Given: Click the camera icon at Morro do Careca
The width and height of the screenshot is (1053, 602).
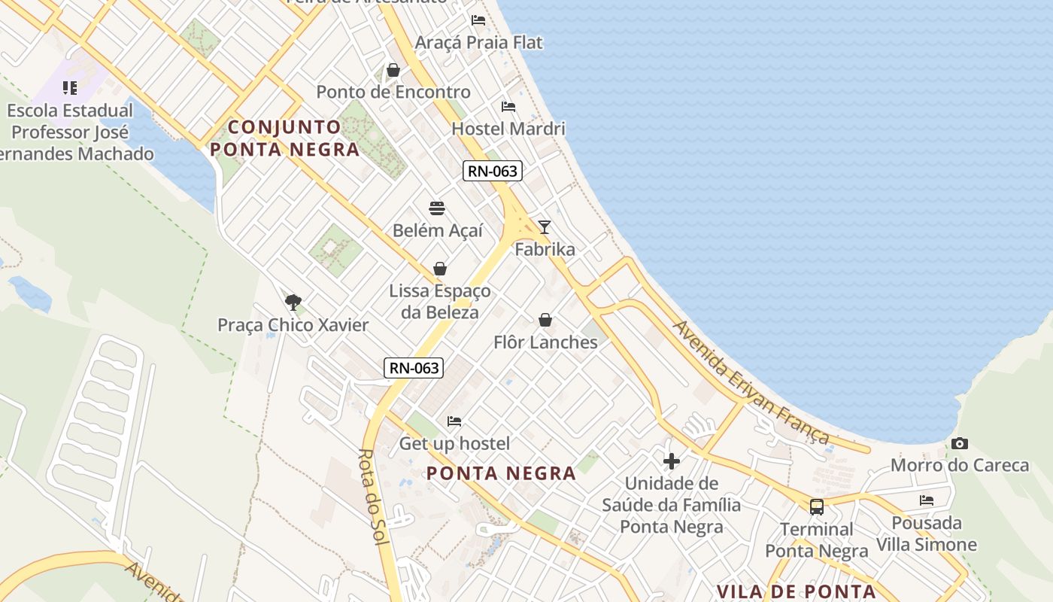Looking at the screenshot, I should tap(959, 444).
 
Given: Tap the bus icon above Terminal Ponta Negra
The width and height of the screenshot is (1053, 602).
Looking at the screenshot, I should tap(817, 507).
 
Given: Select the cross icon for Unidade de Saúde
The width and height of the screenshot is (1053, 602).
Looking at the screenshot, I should tap(672, 461).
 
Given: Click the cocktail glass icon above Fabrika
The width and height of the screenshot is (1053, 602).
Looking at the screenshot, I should tap(544, 227).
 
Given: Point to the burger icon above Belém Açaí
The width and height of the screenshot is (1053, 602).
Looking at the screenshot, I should tap(437, 208).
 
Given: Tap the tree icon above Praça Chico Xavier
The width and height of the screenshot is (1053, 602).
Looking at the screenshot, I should tap(293, 303).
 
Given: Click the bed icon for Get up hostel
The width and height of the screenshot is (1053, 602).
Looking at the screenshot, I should tap(454, 421).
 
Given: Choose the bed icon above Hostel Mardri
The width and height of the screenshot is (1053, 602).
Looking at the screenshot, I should tap(508, 107).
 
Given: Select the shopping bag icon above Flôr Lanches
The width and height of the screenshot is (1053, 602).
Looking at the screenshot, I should tap(545, 321).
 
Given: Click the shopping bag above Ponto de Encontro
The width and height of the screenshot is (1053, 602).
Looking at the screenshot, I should tap(393, 71).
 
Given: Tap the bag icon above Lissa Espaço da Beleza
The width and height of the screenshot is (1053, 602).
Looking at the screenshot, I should tap(440, 269).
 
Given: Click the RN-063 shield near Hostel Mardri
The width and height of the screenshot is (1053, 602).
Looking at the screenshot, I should tap(492, 171).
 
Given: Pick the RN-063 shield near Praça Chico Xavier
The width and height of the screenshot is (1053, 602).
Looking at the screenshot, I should tap(413, 368).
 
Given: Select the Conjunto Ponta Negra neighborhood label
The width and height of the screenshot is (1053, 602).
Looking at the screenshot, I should tap(284, 138).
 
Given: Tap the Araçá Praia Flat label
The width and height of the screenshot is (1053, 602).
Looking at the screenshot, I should tap(478, 42).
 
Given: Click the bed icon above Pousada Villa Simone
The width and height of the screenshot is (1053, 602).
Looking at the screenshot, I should tap(927, 500).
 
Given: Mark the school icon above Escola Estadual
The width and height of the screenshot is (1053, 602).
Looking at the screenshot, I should tap(70, 88).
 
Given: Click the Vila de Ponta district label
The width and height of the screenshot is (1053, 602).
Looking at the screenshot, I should tap(796, 591).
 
